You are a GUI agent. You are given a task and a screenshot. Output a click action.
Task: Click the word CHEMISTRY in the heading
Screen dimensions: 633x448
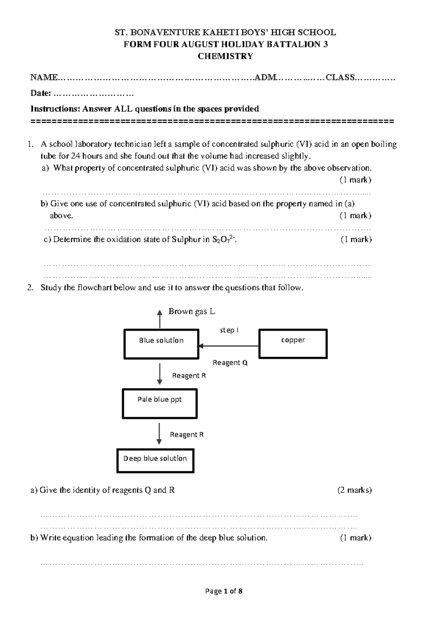[x=225, y=56]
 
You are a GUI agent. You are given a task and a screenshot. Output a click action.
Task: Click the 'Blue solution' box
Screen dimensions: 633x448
[x=161, y=344]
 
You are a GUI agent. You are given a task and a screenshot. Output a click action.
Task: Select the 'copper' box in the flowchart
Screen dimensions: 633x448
[x=293, y=343]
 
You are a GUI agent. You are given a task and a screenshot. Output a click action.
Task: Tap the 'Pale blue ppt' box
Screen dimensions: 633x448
[x=159, y=403]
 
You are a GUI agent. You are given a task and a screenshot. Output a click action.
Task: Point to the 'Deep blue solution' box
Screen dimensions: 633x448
[x=155, y=461]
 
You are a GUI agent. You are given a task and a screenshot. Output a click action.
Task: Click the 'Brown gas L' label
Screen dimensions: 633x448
[x=192, y=311]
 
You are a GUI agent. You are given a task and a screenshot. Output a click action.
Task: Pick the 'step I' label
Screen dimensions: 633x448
[x=229, y=330]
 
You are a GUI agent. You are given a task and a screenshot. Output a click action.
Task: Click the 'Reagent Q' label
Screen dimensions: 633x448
[x=230, y=362]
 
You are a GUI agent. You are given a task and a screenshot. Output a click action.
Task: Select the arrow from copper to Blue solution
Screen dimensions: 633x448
[x=228, y=346]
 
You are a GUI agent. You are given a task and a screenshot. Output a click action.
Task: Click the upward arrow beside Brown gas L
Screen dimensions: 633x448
[x=160, y=319]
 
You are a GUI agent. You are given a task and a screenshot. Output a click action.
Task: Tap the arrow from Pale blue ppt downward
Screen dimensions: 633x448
[x=159, y=433]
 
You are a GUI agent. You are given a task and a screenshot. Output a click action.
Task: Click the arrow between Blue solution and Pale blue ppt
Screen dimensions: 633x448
[x=159, y=374]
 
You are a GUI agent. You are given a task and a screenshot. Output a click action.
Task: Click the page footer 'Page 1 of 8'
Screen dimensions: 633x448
[x=224, y=591]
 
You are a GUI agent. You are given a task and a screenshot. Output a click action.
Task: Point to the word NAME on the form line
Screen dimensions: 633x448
[x=44, y=78]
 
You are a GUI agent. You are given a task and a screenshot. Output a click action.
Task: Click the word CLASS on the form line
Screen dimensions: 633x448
[x=340, y=78]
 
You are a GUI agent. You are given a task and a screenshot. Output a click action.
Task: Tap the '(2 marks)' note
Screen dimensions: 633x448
[x=354, y=490]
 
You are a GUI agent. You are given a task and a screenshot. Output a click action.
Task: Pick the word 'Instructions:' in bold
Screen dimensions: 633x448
[x=55, y=109]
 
